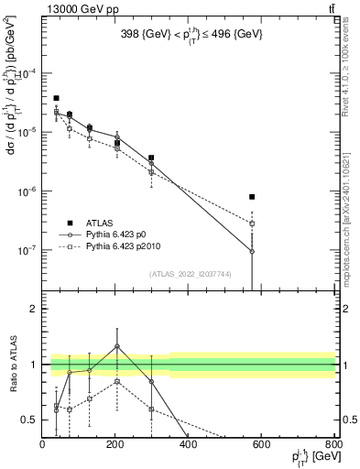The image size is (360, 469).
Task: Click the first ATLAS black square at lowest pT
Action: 56,98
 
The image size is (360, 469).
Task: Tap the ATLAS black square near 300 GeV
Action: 151,158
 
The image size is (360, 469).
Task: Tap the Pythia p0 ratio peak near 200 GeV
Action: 117,346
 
